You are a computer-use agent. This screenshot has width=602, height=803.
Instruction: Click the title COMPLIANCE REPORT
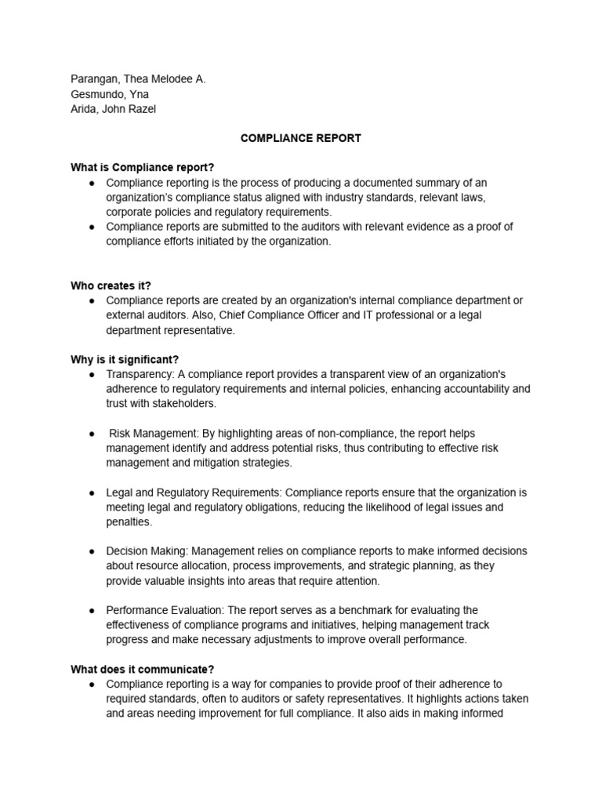point(301,138)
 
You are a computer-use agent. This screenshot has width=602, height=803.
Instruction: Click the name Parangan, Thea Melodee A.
point(138,79)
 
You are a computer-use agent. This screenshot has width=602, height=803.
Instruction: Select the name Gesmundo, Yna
point(110,94)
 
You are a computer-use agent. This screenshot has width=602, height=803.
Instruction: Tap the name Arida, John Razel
point(113,109)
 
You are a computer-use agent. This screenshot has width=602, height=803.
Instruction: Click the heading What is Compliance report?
point(142,168)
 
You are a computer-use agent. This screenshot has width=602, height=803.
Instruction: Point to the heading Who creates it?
point(111,286)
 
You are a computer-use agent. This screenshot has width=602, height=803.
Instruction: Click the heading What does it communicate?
point(142,669)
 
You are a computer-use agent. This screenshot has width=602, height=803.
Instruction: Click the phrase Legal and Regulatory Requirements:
point(194,492)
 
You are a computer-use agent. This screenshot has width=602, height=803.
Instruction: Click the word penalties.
point(129,522)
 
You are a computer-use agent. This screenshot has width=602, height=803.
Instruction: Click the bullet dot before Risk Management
point(92,434)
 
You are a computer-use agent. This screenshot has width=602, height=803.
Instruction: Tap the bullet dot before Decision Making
point(92,551)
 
